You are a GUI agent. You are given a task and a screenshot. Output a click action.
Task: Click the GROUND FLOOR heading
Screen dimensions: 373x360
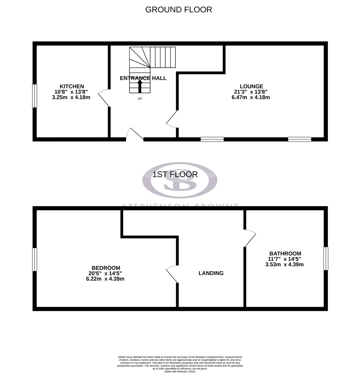click(178, 10)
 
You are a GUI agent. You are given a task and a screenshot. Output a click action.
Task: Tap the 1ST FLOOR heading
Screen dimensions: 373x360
click(175, 174)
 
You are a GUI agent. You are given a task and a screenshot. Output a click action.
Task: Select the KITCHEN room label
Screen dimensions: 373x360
click(72, 86)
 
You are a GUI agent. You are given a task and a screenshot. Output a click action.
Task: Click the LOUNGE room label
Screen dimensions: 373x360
click(251, 86)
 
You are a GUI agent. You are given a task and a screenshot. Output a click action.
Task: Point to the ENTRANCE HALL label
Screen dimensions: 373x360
click(143, 78)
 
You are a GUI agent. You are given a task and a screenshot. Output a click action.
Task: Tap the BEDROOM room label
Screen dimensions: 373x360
click(106, 268)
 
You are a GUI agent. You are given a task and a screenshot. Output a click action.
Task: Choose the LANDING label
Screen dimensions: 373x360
click(211, 273)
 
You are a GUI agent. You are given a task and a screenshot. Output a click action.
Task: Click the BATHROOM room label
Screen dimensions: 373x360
click(285, 254)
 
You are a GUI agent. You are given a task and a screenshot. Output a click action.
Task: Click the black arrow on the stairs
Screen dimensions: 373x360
click(140, 86)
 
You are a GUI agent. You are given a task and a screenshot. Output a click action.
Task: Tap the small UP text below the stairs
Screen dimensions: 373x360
click(140, 98)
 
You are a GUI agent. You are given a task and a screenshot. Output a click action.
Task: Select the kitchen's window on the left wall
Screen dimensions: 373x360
click(35, 96)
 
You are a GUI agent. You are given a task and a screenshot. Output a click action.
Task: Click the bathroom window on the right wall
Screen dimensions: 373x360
click(325, 258)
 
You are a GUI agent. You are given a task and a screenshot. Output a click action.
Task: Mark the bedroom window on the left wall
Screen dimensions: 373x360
click(35, 259)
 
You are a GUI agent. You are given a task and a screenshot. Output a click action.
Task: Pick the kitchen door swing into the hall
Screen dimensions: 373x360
click(104, 98)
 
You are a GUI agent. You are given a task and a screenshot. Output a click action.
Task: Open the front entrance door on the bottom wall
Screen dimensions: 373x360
click(135, 135)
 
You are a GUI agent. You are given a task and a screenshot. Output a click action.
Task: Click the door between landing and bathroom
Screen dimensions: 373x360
click(250, 238)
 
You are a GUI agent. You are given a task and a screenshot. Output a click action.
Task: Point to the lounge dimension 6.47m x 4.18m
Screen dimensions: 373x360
click(251, 97)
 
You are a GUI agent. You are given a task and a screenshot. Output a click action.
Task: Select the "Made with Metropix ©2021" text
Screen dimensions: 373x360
click(180, 372)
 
